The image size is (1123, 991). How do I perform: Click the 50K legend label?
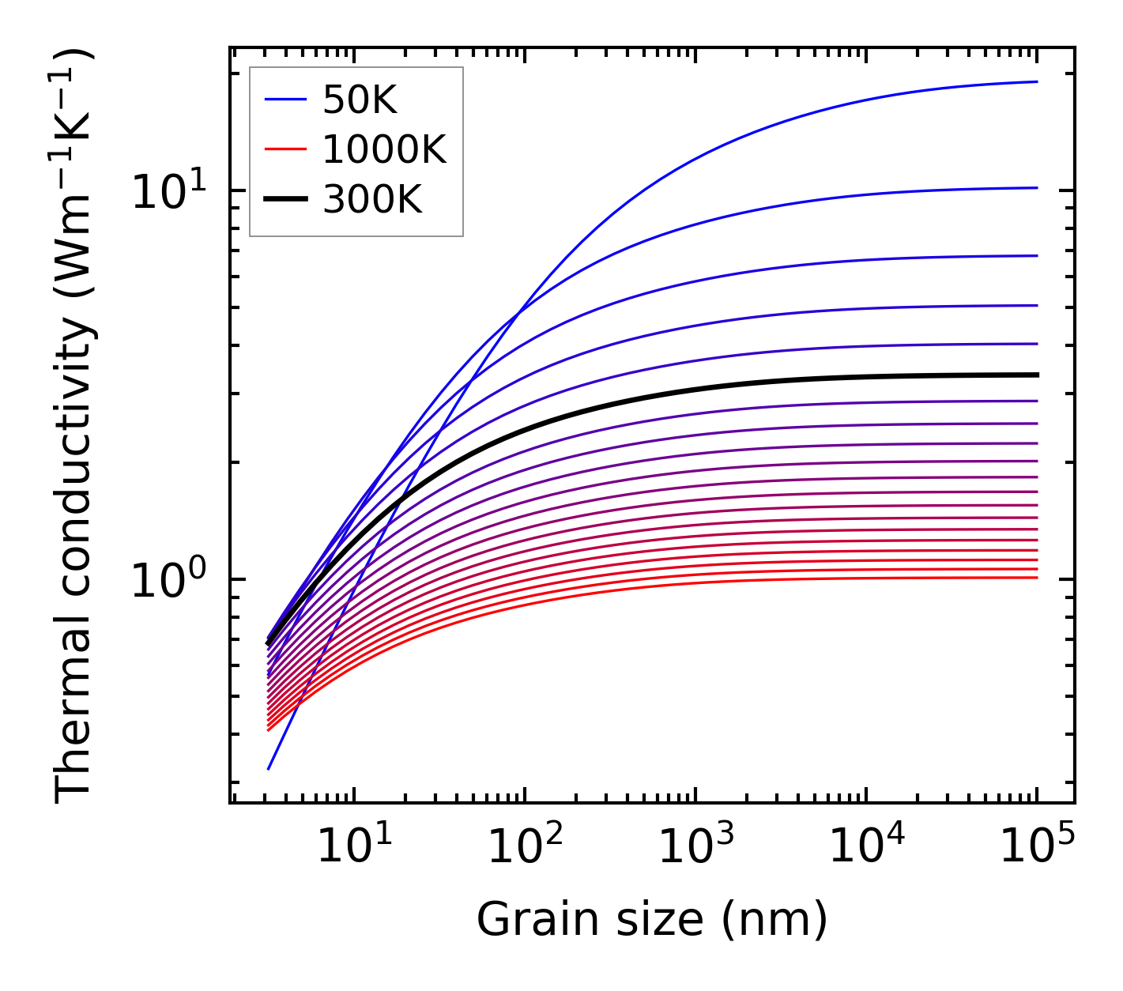coord(360,100)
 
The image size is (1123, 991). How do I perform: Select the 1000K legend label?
coord(384,149)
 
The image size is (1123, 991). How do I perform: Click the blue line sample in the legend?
coord(285,100)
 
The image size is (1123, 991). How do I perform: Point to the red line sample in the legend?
coord(285,149)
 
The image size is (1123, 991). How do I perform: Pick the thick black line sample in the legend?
coord(285,200)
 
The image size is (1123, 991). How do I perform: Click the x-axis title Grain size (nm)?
coord(652,920)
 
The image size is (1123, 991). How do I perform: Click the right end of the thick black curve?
coord(1036,375)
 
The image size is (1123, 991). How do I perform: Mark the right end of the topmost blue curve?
coord(1036,81)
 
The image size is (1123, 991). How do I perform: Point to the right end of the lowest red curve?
coord(1036,578)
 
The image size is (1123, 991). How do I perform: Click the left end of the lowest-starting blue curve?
coord(269,768)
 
